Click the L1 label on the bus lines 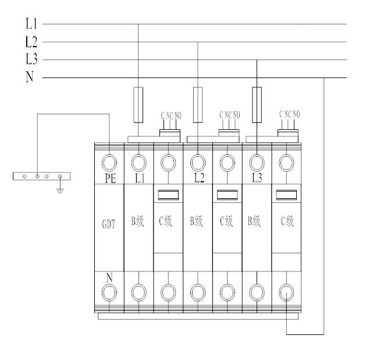pyautogui.click(x=31, y=24)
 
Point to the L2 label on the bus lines pyautogui.click(x=31, y=41)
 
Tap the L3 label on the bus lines pyautogui.click(x=31, y=59)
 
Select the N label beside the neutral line pyautogui.click(x=30, y=77)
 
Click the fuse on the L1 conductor pyautogui.click(x=138, y=105)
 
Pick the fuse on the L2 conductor pyautogui.click(x=198, y=105)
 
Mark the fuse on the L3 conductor pyautogui.click(x=257, y=105)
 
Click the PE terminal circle pyautogui.click(x=109, y=161)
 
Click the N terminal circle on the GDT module pyautogui.click(x=109, y=290)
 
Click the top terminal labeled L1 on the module pyautogui.click(x=138, y=161)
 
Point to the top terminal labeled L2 pyautogui.click(x=198, y=161)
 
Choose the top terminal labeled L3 pyautogui.click(x=257, y=161)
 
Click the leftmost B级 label pyautogui.click(x=138, y=223)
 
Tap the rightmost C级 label pyautogui.click(x=286, y=223)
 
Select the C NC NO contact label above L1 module pyautogui.click(x=169, y=115)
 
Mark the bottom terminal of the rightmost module pyautogui.click(x=286, y=290)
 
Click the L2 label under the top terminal pyautogui.click(x=199, y=177)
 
